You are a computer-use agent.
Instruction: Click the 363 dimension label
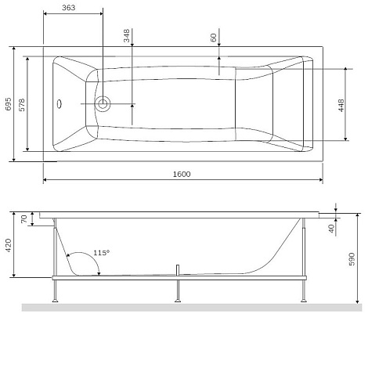point(69,8)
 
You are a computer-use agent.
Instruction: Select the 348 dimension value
point(127,36)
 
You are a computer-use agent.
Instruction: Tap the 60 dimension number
point(214,38)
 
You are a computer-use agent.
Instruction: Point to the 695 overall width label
point(9,104)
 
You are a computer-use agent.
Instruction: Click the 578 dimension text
point(22,105)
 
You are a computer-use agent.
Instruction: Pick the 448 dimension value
point(341,106)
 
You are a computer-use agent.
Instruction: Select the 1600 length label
point(182,174)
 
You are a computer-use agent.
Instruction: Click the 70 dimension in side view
point(24,218)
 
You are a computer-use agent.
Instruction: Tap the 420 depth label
point(9,245)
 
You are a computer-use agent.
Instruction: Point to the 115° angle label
point(102,253)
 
